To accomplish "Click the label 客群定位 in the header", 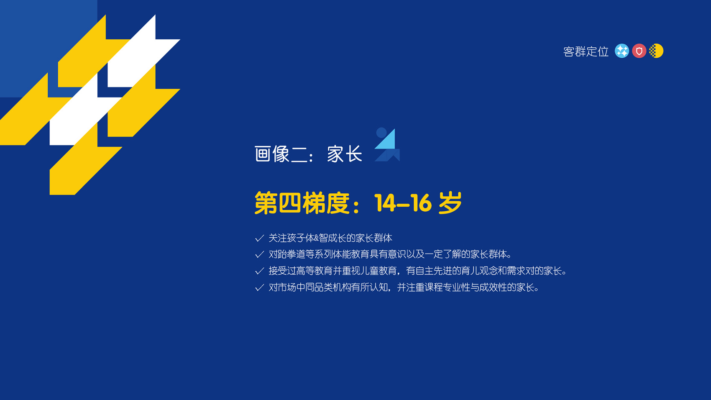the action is coord(586,51).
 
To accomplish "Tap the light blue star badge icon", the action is coord(622,51).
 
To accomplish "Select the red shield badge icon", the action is coord(639,51).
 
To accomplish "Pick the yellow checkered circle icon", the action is coord(656,51).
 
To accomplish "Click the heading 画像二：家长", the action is coord(308,154).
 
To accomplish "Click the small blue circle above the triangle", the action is coord(381,132).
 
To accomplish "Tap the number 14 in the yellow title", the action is coord(385,203).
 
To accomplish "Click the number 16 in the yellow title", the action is coord(421,203).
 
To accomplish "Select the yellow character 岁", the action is coord(450,203).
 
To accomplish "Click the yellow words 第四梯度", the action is coord(302,203).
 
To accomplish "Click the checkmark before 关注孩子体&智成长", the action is coord(260,238).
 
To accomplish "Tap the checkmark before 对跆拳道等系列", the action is coord(260,255).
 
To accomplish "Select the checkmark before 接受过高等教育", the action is coord(260,271).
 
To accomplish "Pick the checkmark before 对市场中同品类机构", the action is coord(260,287).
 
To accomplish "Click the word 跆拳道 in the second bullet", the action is coord(292,254).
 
